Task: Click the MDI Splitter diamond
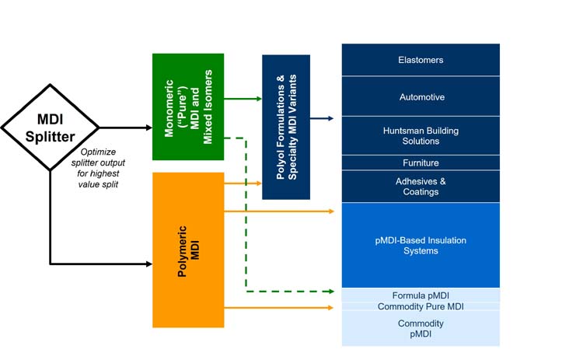point(51,128)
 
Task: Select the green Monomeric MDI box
point(188,107)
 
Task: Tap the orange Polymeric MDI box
point(188,250)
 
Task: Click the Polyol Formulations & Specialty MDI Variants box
point(286,127)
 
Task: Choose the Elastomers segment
point(421,60)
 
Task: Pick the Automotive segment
point(421,97)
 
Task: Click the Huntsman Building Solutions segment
point(421,136)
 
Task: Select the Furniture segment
point(421,163)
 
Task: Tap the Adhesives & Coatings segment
point(421,187)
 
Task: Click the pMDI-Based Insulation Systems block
point(421,246)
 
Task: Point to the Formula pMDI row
point(421,295)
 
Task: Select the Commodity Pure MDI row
point(421,306)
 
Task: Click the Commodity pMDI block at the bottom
point(421,328)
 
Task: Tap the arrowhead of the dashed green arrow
point(332,292)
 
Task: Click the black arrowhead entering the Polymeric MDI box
point(148,264)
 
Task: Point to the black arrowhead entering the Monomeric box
point(148,128)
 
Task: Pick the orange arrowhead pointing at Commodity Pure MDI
point(332,308)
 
